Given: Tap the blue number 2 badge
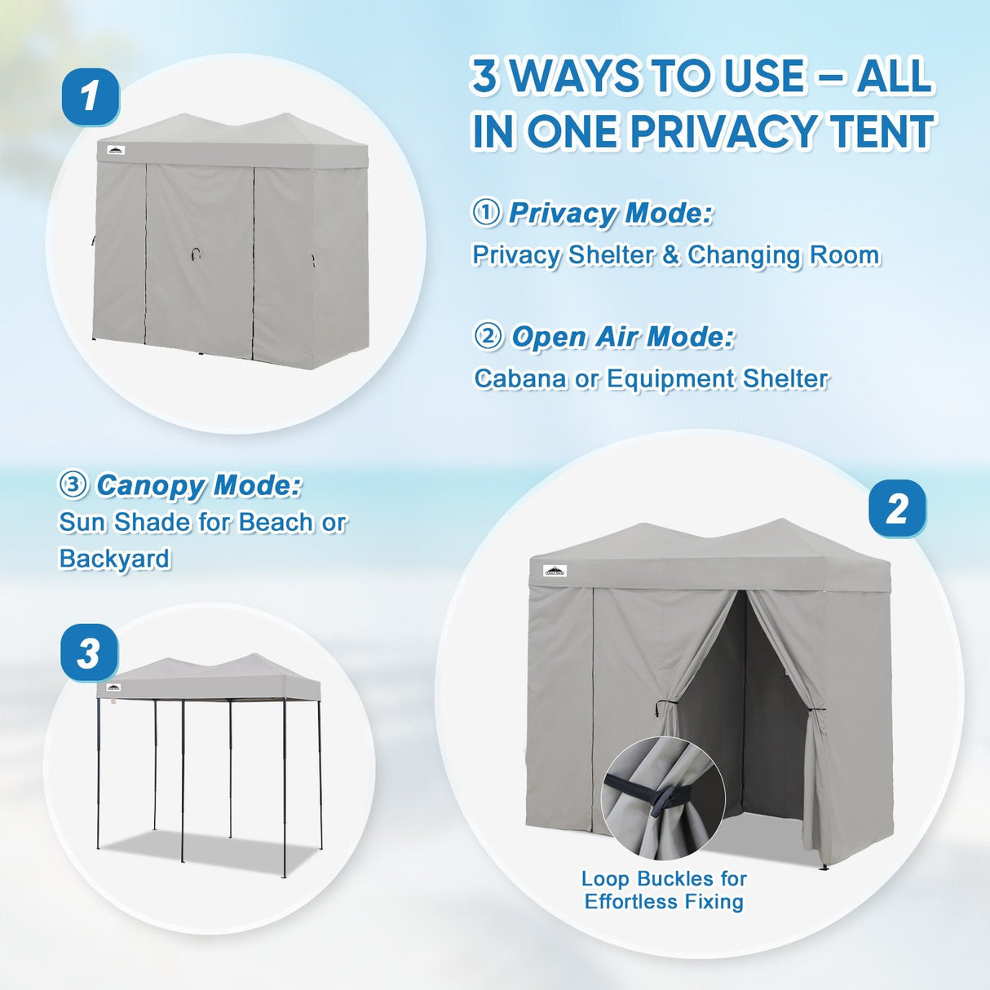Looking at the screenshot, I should (x=896, y=509).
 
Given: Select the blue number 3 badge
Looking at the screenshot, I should (x=89, y=653).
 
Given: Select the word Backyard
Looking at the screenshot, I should (x=115, y=559).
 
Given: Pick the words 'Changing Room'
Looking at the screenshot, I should (x=784, y=255).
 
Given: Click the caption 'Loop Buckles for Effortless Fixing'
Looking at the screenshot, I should (x=664, y=890).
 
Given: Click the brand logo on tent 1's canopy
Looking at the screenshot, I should (x=116, y=150).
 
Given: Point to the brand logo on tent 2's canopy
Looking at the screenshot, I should (x=555, y=571).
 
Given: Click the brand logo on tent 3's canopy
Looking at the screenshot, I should (x=112, y=687).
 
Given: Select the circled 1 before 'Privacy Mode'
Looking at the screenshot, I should (x=486, y=213).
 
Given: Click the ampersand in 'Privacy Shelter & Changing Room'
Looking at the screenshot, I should (x=670, y=255).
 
